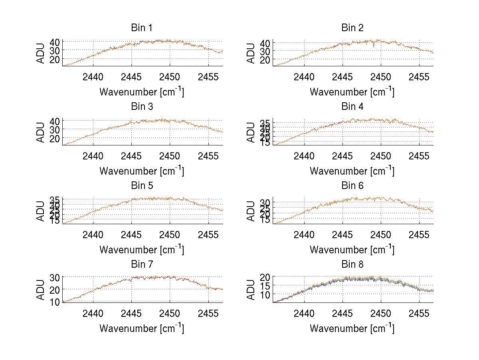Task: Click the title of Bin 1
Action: coord(142,28)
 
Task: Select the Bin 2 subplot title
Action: coord(352,28)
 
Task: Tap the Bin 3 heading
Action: coord(142,107)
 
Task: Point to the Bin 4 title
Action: coord(352,107)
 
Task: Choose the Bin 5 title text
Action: coord(142,186)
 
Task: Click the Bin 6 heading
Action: coord(352,186)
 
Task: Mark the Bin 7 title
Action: coord(142,265)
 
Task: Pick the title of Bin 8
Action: coord(352,265)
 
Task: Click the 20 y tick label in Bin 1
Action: coord(55,59)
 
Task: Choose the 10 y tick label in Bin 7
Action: coord(55,302)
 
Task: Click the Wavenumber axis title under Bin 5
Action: coord(142,250)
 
